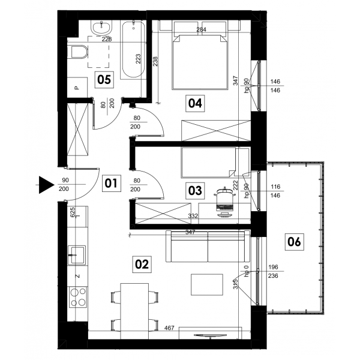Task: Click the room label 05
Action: point(104,80)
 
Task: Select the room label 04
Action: point(195,103)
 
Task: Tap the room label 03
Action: point(195,191)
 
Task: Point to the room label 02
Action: point(142,264)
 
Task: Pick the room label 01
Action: point(111,184)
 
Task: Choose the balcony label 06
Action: point(295,242)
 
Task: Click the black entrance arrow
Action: point(46,185)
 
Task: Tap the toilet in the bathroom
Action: point(78,52)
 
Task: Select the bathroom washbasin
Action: point(101,28)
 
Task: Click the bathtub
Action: point(133,50)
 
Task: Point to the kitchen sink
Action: point(77,254)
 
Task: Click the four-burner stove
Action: point(78,298)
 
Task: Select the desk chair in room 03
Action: point(225,202)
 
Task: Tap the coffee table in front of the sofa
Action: point(207,284)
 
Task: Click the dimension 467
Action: point(169,328)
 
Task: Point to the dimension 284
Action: point(201,29)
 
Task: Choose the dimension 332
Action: point(193,216)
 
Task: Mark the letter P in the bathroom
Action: point(77,88)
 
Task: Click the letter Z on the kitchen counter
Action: point(78,276)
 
